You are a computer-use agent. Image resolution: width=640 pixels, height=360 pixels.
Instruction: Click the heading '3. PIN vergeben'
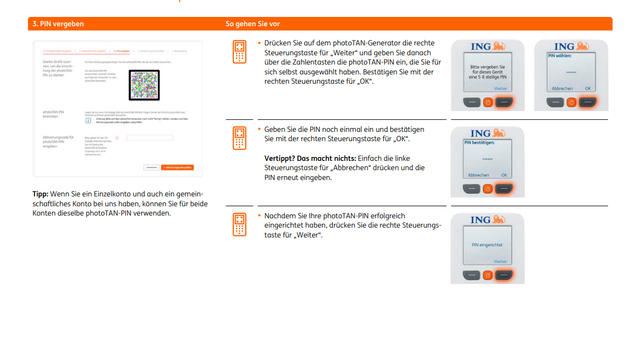[57, 24]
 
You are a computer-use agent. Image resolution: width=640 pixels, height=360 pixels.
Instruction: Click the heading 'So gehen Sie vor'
[252, 24]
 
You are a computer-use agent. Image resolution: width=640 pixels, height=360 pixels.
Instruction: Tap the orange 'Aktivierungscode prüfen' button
[177, 167]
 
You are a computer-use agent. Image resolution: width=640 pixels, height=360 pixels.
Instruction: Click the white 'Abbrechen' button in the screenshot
[152, 167]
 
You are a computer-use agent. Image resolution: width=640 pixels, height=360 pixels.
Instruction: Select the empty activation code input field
[149, 138]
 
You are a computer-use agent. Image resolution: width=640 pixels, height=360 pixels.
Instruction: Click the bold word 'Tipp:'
[41, 194]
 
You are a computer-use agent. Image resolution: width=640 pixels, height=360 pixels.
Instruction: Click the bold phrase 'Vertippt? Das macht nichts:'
[310, 159]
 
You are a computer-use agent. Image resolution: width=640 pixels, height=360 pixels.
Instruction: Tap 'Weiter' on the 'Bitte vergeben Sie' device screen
[500, 88]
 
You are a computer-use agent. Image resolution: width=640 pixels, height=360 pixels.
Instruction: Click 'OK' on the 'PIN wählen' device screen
[587, 88]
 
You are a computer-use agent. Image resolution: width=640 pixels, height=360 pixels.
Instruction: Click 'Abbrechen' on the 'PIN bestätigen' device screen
[478, 175]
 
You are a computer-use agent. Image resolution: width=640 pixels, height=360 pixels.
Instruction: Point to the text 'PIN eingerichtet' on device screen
[487, 245]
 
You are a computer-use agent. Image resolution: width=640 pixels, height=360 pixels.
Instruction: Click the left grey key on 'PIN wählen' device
[556, 102]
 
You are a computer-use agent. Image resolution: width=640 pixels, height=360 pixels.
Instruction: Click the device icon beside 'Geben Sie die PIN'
[239, 138]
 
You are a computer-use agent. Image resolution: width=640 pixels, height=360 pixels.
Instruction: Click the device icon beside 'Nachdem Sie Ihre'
[239, 224]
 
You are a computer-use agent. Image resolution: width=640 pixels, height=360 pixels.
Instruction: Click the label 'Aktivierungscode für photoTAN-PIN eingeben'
[58, 142]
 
